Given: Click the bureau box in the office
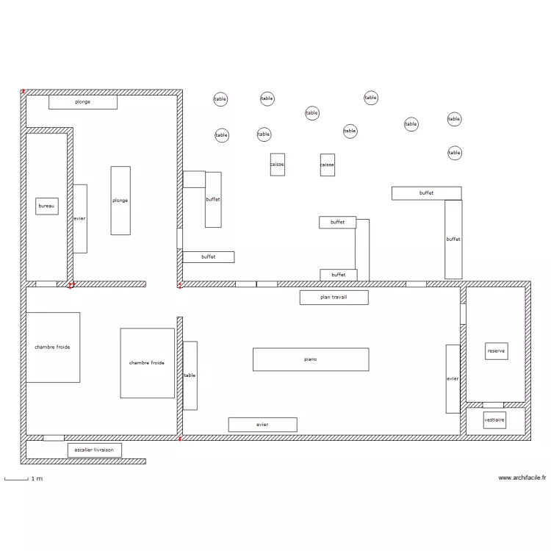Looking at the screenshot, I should click(x=46, y=206).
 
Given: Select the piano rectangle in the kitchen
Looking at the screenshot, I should click(x=310, y=359).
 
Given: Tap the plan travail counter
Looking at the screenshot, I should click(x=334, y=298).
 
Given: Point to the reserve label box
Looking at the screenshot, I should click(x=496, y=351).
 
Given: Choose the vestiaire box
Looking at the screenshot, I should click(x=494, y=419).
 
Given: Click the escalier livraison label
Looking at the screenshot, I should click(x=94, y=450).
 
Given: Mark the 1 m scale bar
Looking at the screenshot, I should click(x=15, y=479).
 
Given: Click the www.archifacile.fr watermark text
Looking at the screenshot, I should click(x=522, y=478).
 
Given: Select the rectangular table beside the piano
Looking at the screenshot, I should click(x=190, y=375).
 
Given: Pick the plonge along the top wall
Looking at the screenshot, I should click(x=83, y=102).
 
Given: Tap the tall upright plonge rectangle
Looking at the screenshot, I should click(x=120, y=201).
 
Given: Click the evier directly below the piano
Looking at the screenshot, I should click(x=262, y=425).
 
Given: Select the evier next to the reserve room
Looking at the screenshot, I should click(x=453, y=378).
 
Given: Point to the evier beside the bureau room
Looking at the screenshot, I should click(x=79, y=218).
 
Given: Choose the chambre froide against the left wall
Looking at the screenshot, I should click(x=53, y=347).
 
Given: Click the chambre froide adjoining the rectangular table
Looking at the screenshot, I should click(x=147, y=363).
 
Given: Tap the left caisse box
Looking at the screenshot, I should click(x=277, y=165).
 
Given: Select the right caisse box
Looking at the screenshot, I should click(x=327, y=165).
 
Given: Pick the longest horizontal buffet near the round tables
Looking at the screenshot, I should click(x=426, y=193).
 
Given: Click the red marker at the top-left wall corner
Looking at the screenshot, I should click(x=24, y=92).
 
